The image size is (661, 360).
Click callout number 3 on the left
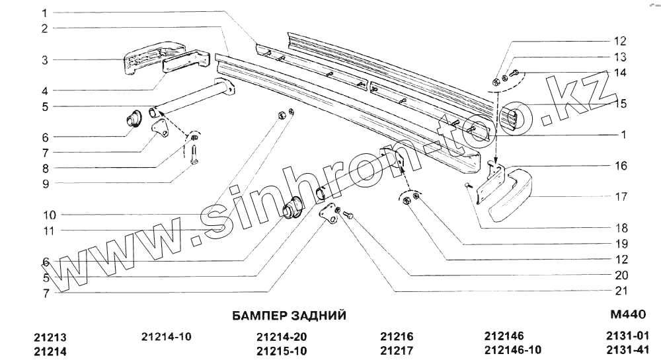(45, 60)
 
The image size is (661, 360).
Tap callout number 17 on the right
(621, 197)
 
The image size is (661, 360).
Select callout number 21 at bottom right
(621, 291)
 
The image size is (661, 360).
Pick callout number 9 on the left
(45, 182)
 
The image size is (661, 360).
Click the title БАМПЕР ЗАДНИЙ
(290, 315)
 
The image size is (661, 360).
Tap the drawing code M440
(630, 315)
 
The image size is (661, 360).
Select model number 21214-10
(167, 336)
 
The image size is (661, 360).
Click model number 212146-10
(512, 349)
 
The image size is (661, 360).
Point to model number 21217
(397, 349)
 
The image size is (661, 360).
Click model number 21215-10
(281, 349)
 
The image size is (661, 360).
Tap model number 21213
(50, 336)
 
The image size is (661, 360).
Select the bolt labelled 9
(194, 157)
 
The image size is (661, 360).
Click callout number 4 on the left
(45, 90)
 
